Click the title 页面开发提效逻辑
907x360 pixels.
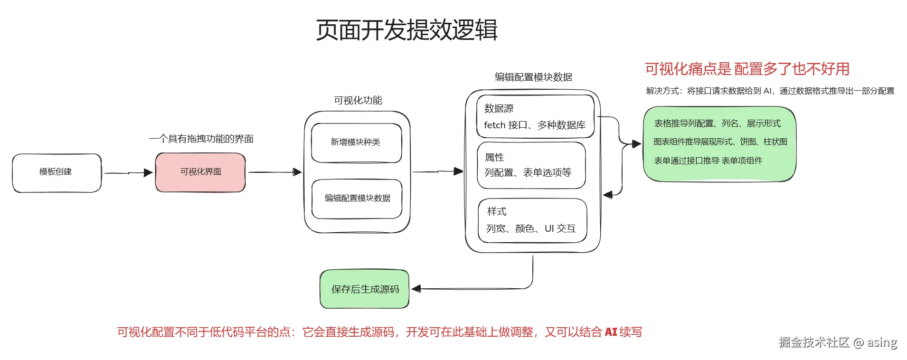coord(406,30)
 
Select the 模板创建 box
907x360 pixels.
coord(56,172)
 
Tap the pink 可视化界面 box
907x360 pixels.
coord(200,172)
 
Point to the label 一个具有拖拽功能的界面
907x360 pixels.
coord(201,139)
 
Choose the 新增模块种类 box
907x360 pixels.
coord(356,142)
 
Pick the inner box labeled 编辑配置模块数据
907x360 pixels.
coord(357,198)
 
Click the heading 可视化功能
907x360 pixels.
coord(358,100)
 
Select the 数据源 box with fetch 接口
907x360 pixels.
coord(535,117)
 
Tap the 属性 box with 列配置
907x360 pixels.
coord(531,165)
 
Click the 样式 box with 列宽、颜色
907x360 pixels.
coord(532,220)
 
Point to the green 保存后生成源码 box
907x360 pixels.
coord(365,289)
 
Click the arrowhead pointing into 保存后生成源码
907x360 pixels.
coord(416,289)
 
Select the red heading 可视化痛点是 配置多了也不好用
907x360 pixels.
coord(746,69)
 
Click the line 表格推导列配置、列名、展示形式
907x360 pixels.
coord(717,123)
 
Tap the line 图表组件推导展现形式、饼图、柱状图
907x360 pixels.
coord(720,142)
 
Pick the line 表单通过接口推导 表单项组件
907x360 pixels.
coord(708,161)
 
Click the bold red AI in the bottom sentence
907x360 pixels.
coord(611,332)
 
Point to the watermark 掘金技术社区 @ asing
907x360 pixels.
coord(838,342)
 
